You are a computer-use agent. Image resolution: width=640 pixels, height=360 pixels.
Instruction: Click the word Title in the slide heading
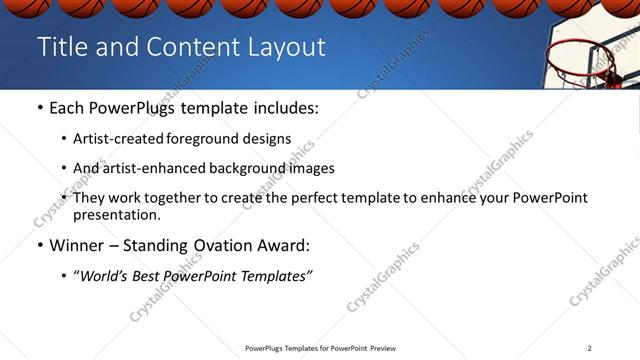point(62,47)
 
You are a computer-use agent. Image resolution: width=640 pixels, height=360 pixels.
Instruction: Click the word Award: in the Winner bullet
point(283,245)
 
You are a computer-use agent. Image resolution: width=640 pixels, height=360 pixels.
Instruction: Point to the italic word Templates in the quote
point(274,276)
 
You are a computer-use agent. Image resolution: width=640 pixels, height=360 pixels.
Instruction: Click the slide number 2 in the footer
point(590,348)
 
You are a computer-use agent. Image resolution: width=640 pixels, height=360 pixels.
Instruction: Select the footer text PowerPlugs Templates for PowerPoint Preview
point(319,348)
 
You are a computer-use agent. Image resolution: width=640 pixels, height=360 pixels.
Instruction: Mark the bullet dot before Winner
point(39,245)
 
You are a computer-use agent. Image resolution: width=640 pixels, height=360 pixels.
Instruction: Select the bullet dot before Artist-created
point(65,139)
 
